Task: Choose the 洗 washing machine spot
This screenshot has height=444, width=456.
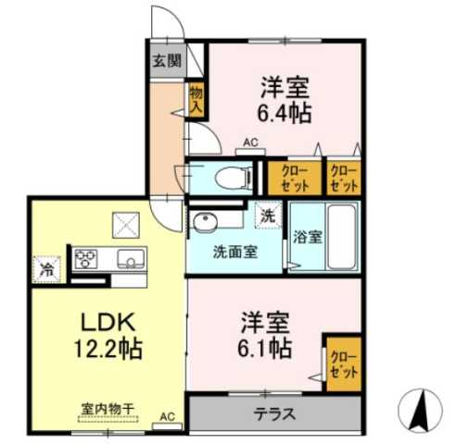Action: click(x=267, y=214)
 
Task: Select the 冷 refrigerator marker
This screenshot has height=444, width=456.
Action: click(x=45, y=270)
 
